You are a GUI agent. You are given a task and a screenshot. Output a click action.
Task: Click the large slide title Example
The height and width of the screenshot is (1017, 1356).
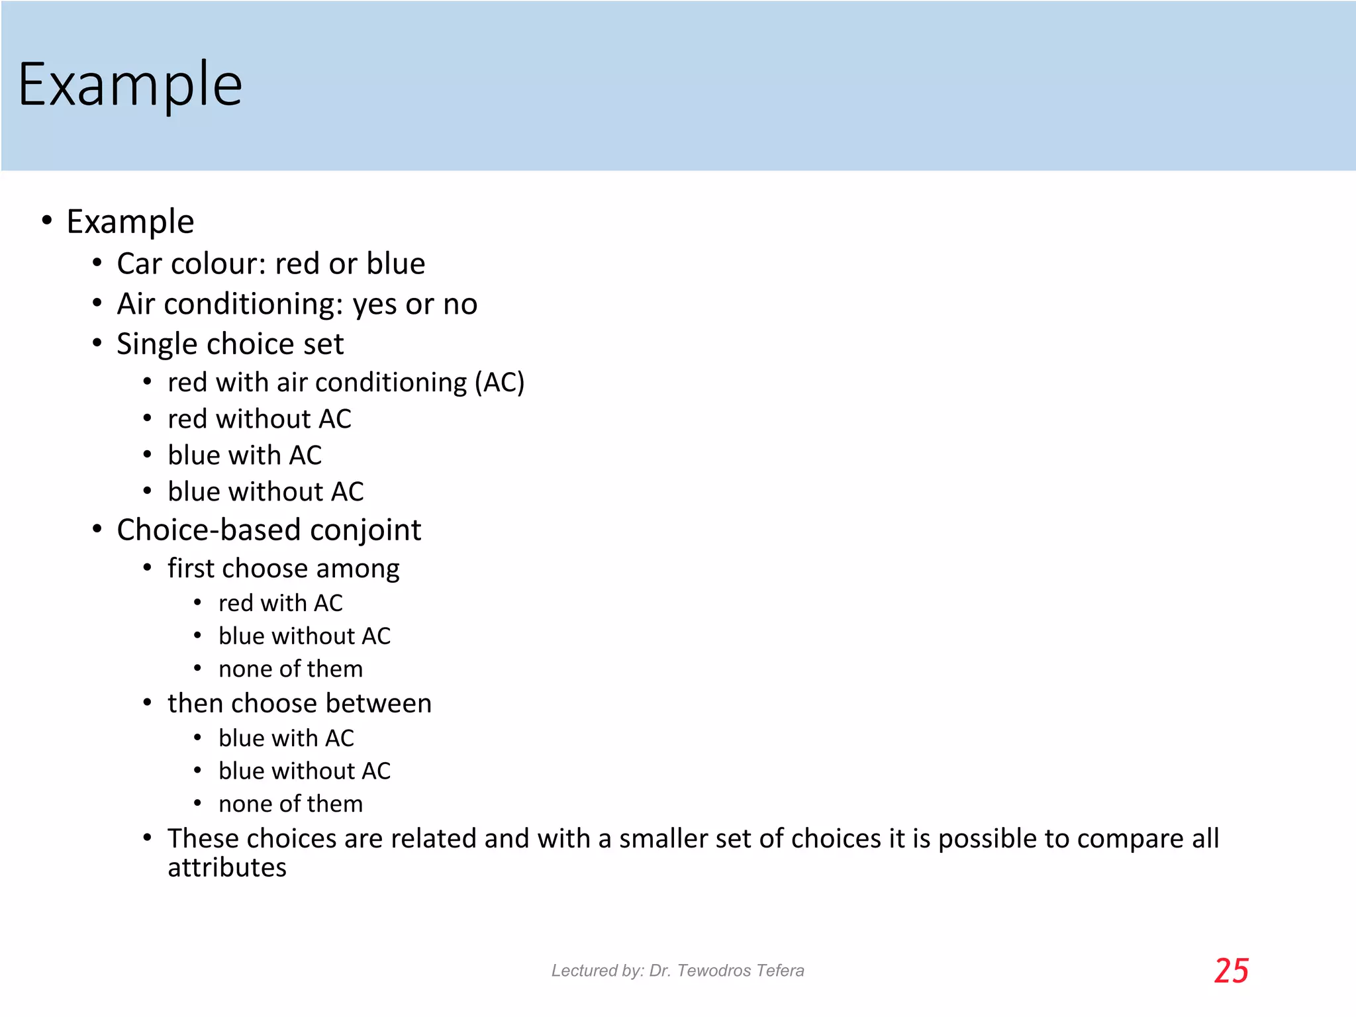point(130,85)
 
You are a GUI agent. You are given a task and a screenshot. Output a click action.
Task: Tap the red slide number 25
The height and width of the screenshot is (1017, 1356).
point(1231,971)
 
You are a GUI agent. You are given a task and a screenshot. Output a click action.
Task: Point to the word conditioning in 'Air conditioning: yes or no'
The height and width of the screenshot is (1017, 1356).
point(254,305)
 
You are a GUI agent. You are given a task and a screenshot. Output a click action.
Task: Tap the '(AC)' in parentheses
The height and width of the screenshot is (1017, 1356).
point(499,383)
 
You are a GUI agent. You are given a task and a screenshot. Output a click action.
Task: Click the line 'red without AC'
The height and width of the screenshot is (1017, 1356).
point(259,419)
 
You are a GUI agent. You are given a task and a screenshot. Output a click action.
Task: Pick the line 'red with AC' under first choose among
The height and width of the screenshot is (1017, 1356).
point(280,603)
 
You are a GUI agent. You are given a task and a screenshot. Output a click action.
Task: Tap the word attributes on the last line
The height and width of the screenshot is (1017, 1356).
point(226,868)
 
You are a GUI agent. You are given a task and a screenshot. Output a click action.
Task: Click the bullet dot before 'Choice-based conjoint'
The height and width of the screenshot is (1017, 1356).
point(97,530)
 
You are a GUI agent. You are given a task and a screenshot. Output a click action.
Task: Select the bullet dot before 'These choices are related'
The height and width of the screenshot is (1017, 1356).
point(148,838)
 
